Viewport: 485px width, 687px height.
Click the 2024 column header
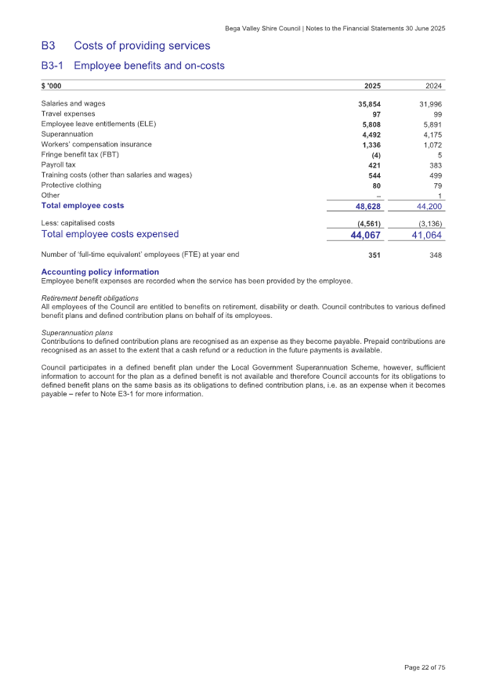pyautogui.click(x=434, y=86)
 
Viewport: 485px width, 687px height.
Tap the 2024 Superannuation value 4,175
pyautogui.click(x=432, y=134)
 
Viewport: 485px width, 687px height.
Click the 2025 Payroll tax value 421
pyautogui.click(x=374, y=164)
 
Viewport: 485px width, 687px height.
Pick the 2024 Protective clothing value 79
pyautogui.click(x=437, y=184)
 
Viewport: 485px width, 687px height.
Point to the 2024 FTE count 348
pyautogui.click(x=435, y=255)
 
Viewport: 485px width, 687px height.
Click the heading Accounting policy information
pyautogui.click(x=100, y=272)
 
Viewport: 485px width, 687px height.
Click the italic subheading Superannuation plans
pyautogui.click(x=77, y=333)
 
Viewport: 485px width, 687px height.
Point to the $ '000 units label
pyautogui.click(x=51, y=86)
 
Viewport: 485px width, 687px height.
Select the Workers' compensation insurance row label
pyautogui.click(x=96, y=144)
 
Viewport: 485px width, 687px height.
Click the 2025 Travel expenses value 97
pyautogui.click(x=376, y=114)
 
